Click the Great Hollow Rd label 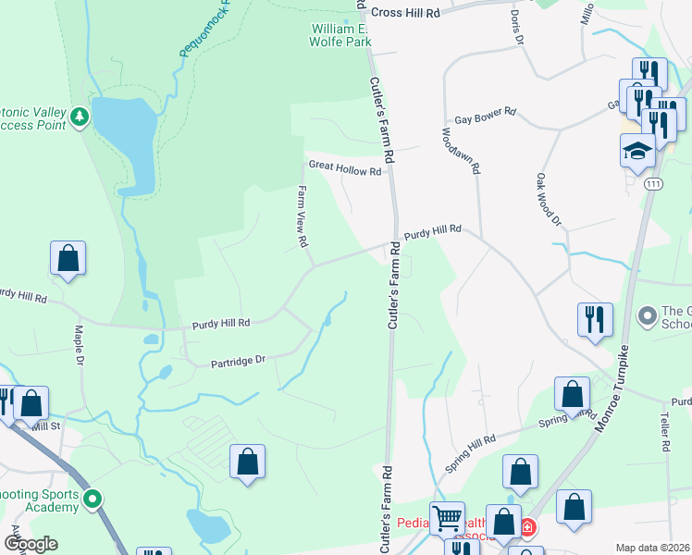coord(345,170)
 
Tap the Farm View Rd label coord(302,216)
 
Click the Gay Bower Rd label coord(485,118)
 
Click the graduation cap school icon coord(637,150)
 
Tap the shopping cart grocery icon coord(448,519)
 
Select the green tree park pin coord(80,117)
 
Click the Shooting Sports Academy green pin coord(93,500)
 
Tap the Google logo coord(31,544)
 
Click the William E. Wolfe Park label coord(340,35)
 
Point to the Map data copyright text coord(652,548)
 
